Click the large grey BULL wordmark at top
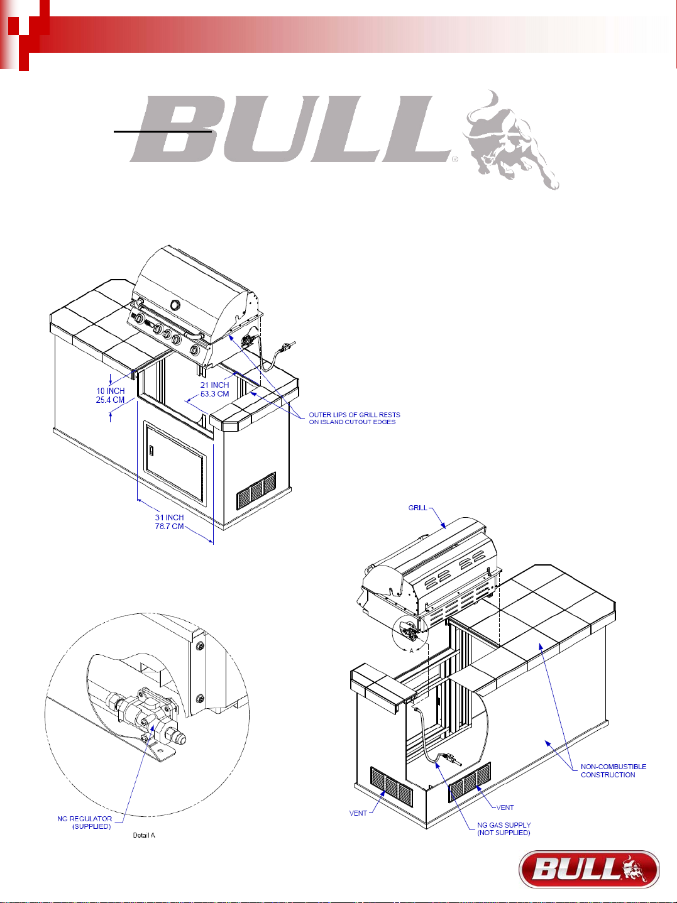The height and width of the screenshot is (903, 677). (x=289, y=128)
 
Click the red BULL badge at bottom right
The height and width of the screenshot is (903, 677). (x=589, y=869)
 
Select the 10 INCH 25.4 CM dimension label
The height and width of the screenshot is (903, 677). (x=110, y=395)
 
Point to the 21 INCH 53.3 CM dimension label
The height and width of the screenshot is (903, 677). (x=214, y=390)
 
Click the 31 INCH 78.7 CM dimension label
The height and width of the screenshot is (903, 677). (x=169, y=522)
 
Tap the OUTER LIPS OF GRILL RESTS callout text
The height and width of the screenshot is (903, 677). (x=354, y=419)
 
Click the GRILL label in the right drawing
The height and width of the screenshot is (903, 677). (x=417, y=508)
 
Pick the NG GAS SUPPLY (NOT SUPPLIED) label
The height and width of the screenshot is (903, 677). (x=504, y=829)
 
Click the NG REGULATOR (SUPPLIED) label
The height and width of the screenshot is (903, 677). (x=85, y=823)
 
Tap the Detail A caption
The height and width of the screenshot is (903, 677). (x=143, y=835)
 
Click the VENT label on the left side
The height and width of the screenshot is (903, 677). (x=358, y=813)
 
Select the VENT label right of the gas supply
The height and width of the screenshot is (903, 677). (x=505, y=807)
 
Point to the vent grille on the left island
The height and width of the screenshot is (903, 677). (x=256, y=490)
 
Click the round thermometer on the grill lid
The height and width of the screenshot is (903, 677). (x=175, y=305)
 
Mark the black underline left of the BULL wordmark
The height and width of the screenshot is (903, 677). (x=162, y=132)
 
